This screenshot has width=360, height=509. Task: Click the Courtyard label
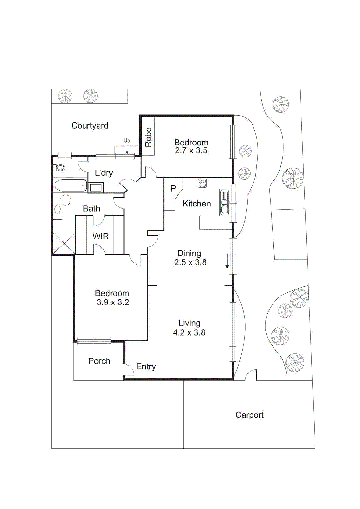point(90,126)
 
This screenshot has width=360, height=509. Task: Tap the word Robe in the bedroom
point(148,137)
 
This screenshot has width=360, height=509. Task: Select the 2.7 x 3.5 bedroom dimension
point(191,150)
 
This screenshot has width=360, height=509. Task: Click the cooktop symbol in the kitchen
point(202,183)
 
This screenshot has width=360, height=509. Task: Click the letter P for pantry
point(173,189)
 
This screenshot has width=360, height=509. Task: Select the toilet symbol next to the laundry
point(60,167)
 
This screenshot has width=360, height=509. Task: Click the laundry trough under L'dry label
point(96,187)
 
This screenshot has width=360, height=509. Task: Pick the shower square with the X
point(64,243)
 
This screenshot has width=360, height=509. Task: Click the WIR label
point(101,236)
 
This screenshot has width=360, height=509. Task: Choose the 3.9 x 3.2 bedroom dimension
point(113,302)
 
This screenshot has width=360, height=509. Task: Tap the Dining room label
point(189,253)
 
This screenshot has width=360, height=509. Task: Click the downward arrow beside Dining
point(227,261)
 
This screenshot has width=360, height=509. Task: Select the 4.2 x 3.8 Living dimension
point(189,333)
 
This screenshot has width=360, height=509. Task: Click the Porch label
point(99,361)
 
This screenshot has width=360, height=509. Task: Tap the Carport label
point(249,415)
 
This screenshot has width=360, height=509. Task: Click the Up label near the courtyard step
point(127,141)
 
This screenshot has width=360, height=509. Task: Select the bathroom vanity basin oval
point(58,209)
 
